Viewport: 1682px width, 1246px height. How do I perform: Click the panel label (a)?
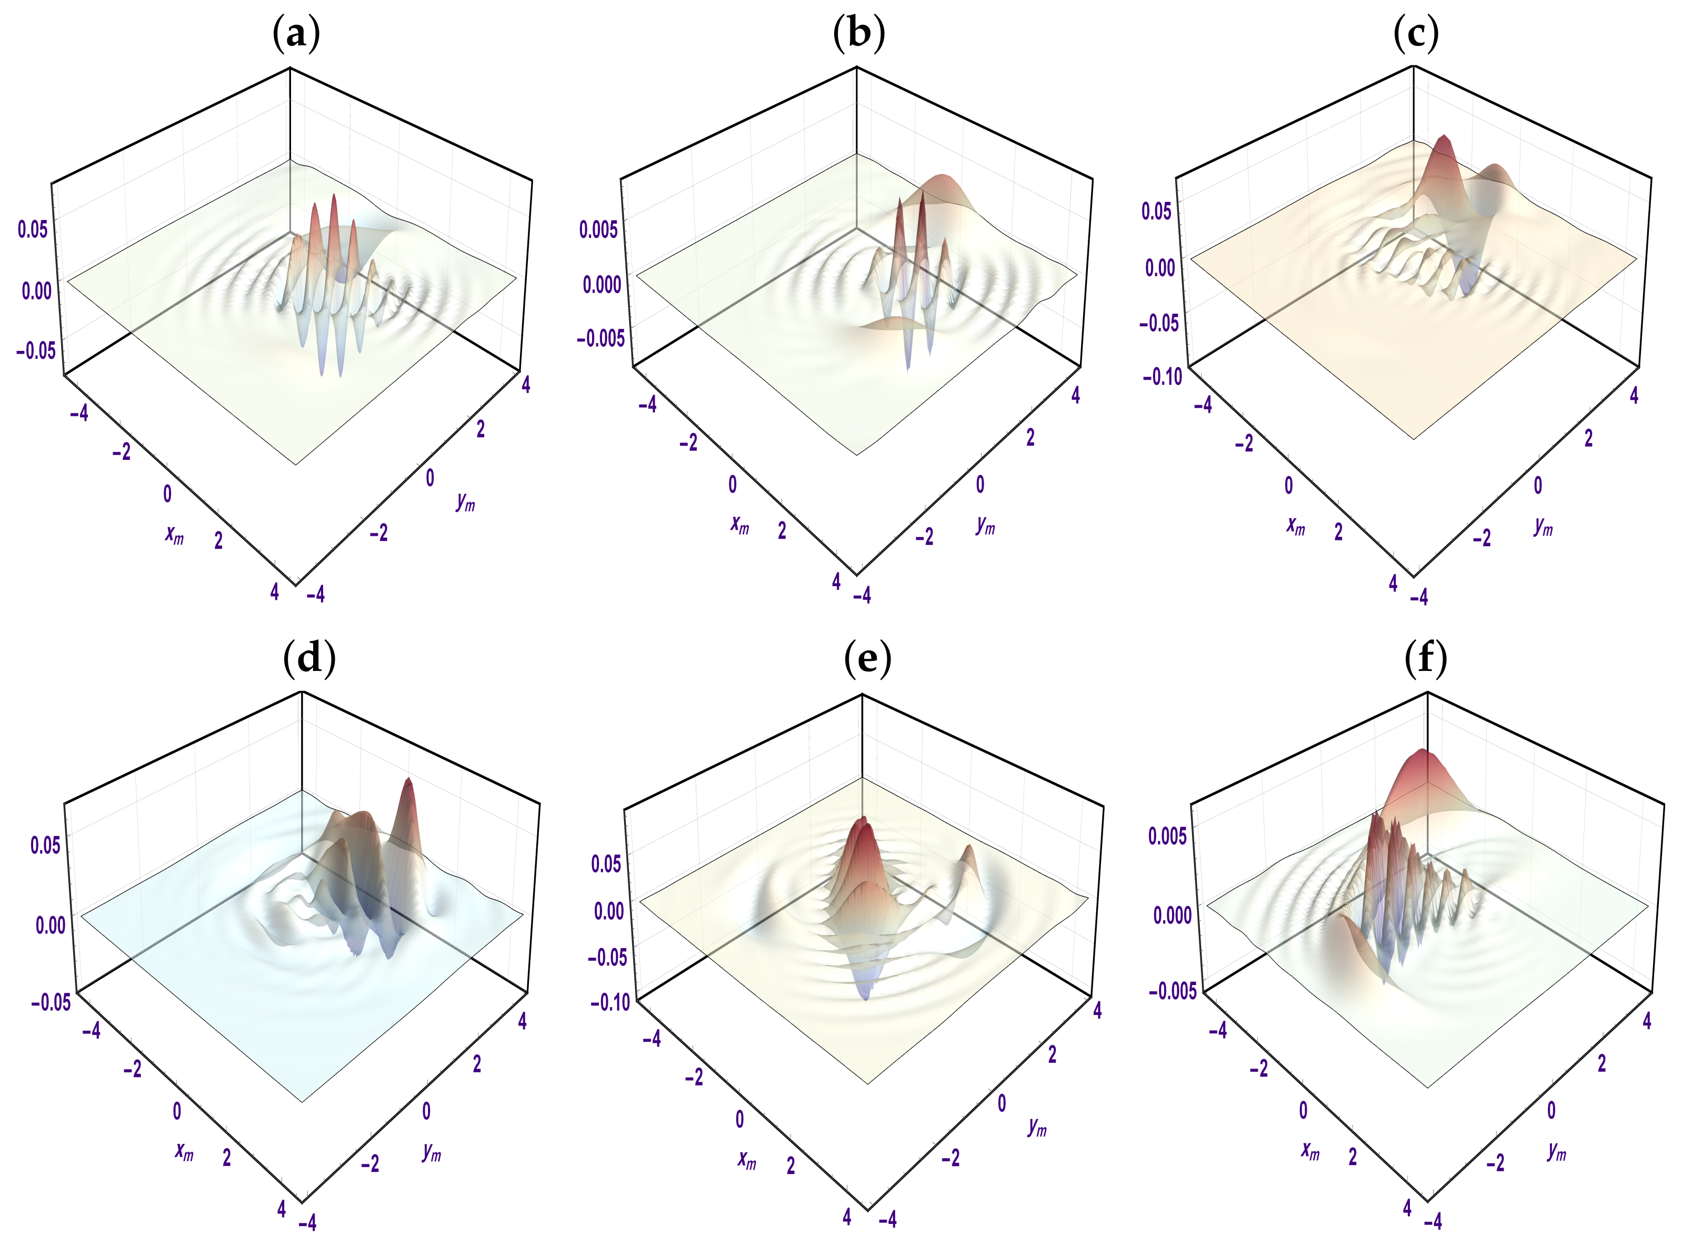(296, 35)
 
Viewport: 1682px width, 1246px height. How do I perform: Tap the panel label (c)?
(1416, 35)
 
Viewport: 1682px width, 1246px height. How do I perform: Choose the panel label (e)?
(867, 659)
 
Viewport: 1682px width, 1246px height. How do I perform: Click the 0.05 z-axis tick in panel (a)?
(33, 229)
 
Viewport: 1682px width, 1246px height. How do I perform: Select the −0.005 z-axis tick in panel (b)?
(600, 338)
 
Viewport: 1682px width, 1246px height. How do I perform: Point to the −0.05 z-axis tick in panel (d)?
(51, 1002)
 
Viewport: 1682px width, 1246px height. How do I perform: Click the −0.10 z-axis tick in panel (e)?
(609, 1002)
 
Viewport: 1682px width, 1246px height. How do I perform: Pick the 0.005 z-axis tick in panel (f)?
(1167, 835)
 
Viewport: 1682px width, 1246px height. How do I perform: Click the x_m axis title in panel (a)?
(174, 535)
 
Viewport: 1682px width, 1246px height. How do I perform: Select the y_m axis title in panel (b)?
(985, 525)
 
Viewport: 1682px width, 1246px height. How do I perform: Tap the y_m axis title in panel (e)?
(1037, 1127)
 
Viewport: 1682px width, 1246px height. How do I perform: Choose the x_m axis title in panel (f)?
(1310, 1150)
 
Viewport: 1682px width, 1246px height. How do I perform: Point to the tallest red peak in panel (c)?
(1445, 139)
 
